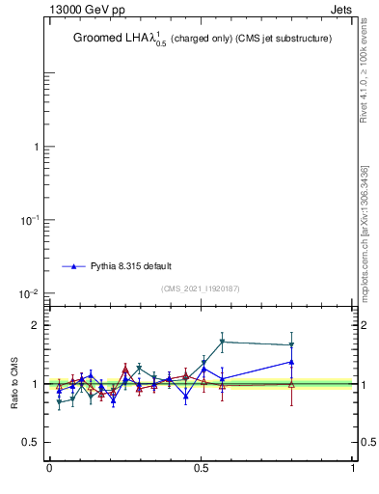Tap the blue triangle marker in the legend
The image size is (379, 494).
(73, 265)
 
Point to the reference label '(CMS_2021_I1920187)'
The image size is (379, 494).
(202, 288)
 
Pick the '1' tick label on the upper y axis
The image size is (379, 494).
(37, 148)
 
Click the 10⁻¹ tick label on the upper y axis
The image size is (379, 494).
(30, 220)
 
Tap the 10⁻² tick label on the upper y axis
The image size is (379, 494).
(30, 293)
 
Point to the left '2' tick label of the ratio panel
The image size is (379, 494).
(37, 325)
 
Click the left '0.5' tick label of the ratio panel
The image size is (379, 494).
(32, 443)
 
